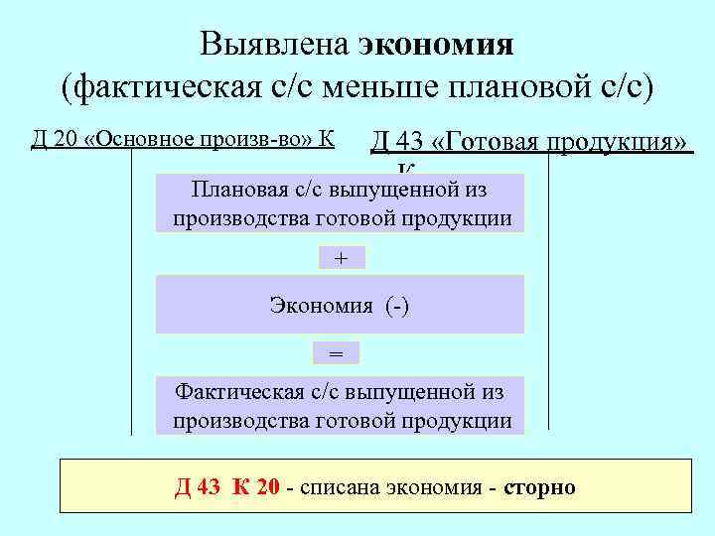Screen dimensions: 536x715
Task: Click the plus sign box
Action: (x=342, y=258)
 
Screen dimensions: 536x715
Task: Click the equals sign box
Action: (x=336, y=353)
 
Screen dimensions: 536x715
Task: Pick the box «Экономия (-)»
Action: (x=340, y=306)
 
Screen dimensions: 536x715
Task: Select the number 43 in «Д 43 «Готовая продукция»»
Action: (x=408, y=142)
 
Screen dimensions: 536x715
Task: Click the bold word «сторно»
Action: (x=539, y=487)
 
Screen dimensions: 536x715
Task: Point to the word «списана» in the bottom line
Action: (x=341, y=487)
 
